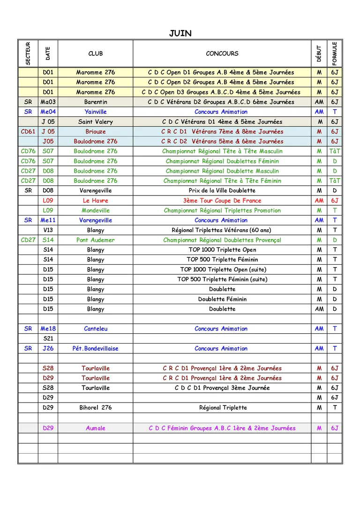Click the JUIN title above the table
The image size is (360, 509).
pyautogui.click(x=180, y=33)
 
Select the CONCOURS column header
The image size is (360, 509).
pyautogui.click(x=222, y=53)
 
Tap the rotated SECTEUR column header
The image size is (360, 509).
pyautogui.click(x=28, y=53)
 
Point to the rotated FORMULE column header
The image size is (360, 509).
pyautogui.click(x=334, y=53)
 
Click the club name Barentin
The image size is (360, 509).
pyautogui.click(x=95, y=102)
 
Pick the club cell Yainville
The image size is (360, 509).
pyautogui.click(x=95, y=112)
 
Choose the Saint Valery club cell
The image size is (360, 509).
pyautogui.click(x=95, y=121)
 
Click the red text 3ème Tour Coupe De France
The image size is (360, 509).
pyautogui.click(x=222, y=201)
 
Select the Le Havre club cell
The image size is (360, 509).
pyautogui.click(x=95, y=201)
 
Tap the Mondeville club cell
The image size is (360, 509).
pyautogui.click(x=95, y=210)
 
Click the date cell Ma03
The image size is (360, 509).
pyautogui.click(x=48, y=102)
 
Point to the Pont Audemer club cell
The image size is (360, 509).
pyautogui.click(x=95, y=240)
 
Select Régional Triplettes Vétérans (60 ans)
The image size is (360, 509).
pyautogui.click(x=222, y=230)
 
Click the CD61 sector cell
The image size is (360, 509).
pyautogui.click(x=28, y=131)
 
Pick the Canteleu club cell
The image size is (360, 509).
pyautogui.click(x=95, y=329)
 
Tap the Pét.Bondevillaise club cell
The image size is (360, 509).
pyautogui.click(x=95, y=348)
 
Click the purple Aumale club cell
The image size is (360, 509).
pyautogui.click(x=95, y=428)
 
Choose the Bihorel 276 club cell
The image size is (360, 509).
pyautogui.click(x=95, y=407)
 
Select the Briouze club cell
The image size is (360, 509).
pyautogui.click(x=95, y=131)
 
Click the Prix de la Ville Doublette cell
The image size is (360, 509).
pyautogui.click(x=222, y=190)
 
